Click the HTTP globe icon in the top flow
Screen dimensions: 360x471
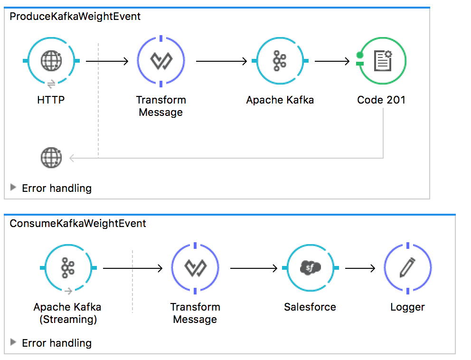point(51,61)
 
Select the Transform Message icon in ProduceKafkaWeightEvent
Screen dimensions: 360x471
point(160,61)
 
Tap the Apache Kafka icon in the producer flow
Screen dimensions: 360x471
point(280,61)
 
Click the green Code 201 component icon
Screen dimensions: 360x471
point(382,61)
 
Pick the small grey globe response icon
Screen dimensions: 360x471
point(51,158)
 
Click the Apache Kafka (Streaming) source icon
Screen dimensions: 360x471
point(68,268)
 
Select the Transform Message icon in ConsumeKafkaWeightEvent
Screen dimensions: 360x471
point(195,268)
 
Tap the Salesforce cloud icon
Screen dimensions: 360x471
point(311,268)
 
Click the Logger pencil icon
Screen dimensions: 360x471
point(407,268)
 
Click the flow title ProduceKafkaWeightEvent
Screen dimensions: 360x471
point(75,17)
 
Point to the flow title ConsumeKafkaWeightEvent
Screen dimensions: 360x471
point(78,223)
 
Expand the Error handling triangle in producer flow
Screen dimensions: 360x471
point(13,188)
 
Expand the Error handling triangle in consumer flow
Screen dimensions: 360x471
point(13,342)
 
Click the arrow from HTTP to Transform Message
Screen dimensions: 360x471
point(107,61)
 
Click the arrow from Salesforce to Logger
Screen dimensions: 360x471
point(360,269)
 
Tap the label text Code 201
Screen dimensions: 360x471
point(381,100)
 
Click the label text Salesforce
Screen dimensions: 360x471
point(310,307)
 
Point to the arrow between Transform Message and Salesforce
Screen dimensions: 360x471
point(254,269)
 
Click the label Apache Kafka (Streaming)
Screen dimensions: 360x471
point(67,313)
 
